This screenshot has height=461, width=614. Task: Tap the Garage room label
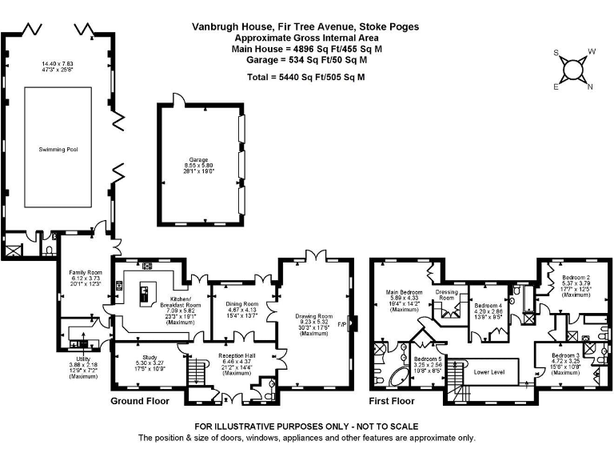198,160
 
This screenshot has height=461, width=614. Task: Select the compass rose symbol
573,70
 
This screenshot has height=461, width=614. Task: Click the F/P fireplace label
343,324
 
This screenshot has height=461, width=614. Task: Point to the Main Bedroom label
405,291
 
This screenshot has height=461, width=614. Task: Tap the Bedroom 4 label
488,306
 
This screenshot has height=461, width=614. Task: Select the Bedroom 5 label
427,359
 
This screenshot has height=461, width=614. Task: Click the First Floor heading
392,400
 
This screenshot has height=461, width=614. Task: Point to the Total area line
305,77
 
